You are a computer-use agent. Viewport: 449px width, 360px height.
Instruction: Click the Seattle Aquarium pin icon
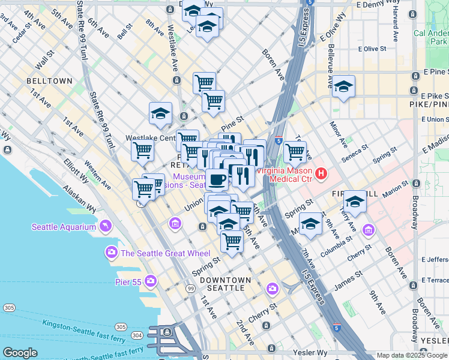[106, 226]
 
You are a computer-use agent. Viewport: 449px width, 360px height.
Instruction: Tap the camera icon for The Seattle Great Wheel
[112, 253]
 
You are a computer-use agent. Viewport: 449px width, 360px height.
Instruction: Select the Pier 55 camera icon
[151, 281]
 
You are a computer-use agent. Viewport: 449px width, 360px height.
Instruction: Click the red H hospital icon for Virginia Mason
[321, 175]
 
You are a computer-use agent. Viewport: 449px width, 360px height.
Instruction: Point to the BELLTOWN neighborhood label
[49, 81]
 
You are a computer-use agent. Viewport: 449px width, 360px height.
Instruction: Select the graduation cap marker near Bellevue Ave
[343, 85]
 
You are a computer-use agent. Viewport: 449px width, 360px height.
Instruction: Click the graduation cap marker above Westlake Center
[160, 113]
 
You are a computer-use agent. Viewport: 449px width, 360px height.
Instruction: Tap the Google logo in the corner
[20, 353]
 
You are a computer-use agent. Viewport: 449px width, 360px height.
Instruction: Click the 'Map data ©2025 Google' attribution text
[412, 355]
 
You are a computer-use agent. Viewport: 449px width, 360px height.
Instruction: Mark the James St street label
[348, 280]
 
